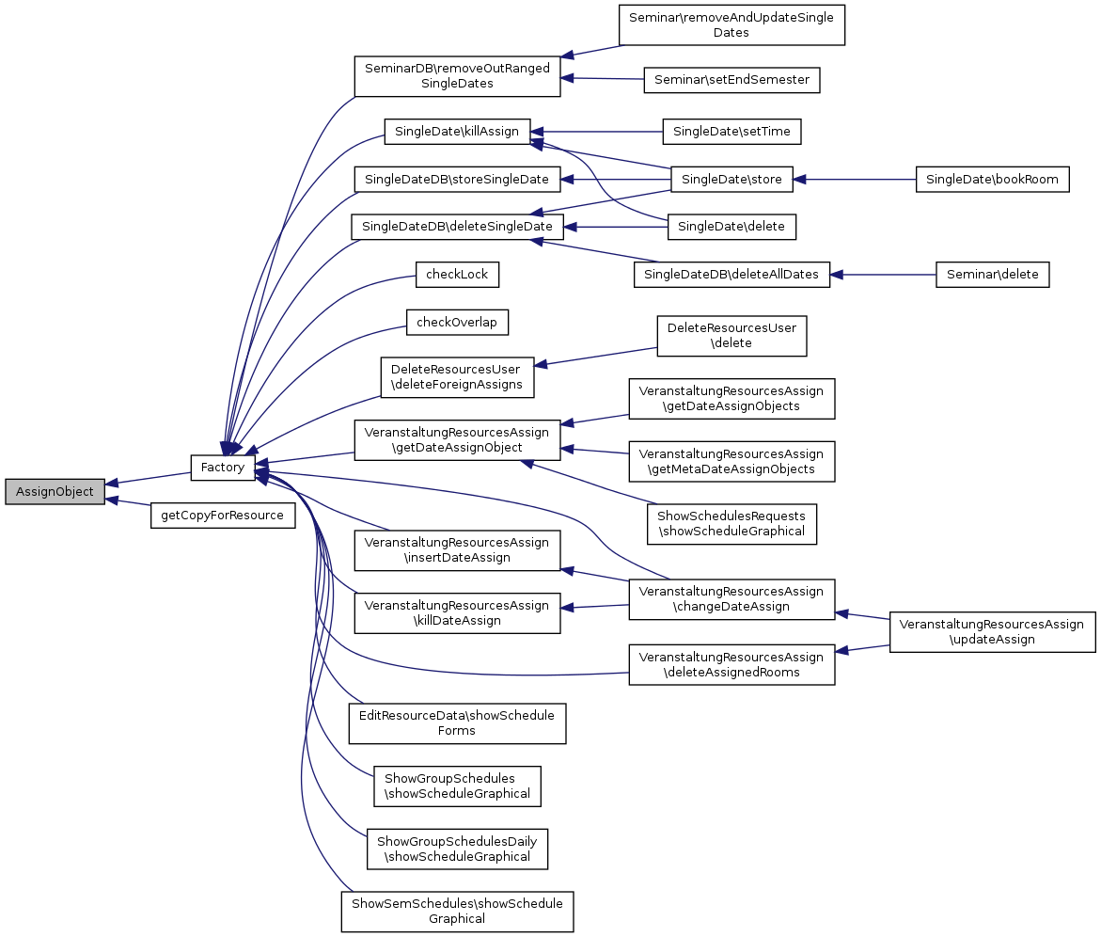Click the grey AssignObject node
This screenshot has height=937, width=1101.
click(x=55, y=491)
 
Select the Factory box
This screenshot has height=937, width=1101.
click(x=223, y=468)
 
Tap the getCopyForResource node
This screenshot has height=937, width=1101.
click(x=222, y=516)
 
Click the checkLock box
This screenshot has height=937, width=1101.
click(x=457, y=275)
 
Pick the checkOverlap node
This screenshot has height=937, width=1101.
click(x=457, y=323)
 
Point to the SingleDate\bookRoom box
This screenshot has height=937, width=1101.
click(x=992, y=179)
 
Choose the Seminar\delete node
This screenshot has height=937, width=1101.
click(x=992, y=275)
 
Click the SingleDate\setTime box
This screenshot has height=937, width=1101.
click(x=731, y=132)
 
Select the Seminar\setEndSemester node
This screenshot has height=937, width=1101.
click(x=731, y=80)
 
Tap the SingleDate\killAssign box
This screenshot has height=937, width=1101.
click(x=457, y=132)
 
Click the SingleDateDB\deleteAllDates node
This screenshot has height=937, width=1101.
click(x=731, y=275)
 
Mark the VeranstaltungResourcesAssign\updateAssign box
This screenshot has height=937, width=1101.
click(x=992, y=631)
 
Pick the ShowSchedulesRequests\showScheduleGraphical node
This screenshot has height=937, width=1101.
click(x=731, y=524)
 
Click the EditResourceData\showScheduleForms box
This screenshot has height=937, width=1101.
click(x=457, y=723)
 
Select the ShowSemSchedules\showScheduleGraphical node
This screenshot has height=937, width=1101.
click(x=457, y=911)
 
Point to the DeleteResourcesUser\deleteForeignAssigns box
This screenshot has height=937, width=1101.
click(x=457, y=376)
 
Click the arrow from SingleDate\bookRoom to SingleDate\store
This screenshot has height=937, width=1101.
click(x=856, y=179)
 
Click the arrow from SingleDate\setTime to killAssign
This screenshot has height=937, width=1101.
click(x=597, y=132)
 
